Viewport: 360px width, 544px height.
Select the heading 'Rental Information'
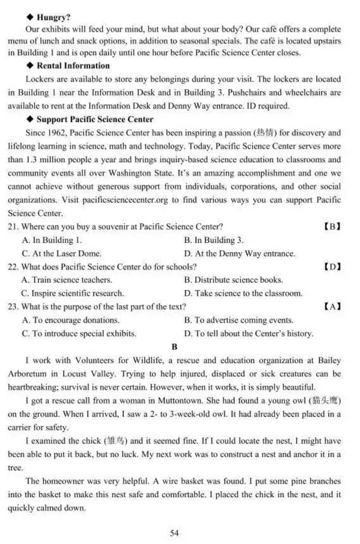[73, 65]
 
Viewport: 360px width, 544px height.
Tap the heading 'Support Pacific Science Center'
[95, 119]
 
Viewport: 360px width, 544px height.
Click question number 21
[13, 226]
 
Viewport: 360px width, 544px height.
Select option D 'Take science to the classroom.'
[243, 293]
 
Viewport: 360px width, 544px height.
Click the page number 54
[174, 533]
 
